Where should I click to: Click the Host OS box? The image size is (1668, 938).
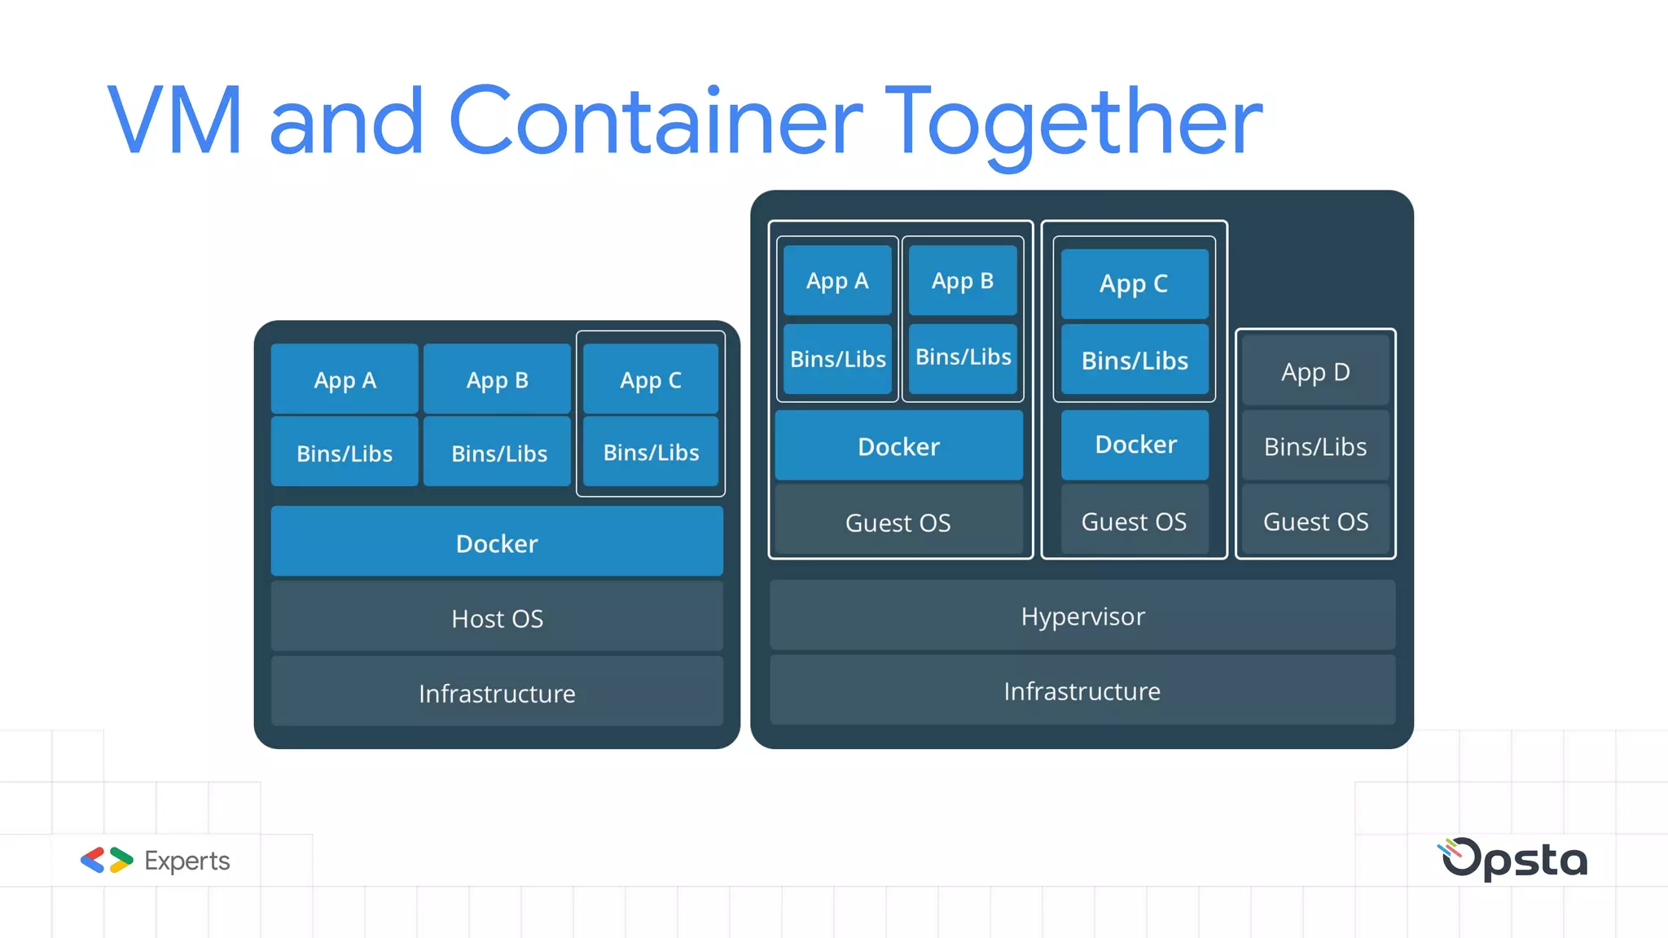(x=497, y=618)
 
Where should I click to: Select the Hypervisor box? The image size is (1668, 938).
(x=1082, y=616)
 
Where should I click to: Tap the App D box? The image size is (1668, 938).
(x=1315, y=372)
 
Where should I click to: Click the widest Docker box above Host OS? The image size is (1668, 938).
(x=497, y=542)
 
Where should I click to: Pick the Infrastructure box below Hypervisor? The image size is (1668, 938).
(x=1082, y=690)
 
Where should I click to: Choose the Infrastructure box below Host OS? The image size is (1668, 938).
(x=497, y=693)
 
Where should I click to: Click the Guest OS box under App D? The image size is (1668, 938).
(x=1315, y=521)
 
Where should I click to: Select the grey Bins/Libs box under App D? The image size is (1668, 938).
(x=1315, y=446)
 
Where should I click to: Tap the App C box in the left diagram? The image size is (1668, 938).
(x=650, y=379)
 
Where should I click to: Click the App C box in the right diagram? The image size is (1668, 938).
(x=1134, y=283)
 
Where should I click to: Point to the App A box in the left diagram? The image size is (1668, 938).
(x=345, y=379)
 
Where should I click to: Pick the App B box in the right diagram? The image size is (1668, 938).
(x=962, y=281)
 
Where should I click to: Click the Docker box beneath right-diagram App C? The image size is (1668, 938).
(x=1135, y=445)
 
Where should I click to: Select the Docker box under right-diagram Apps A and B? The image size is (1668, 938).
(x=898, y=446)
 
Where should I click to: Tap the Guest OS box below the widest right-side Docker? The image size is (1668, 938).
(x=898, y=522)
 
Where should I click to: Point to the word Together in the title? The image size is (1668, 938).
(x=1073, y=122)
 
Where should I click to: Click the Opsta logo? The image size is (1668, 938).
(x=1512, y=859)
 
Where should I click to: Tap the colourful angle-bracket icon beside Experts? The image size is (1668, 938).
(x=107, y=860)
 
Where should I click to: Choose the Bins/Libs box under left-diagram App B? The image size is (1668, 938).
(x=498, y=453)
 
